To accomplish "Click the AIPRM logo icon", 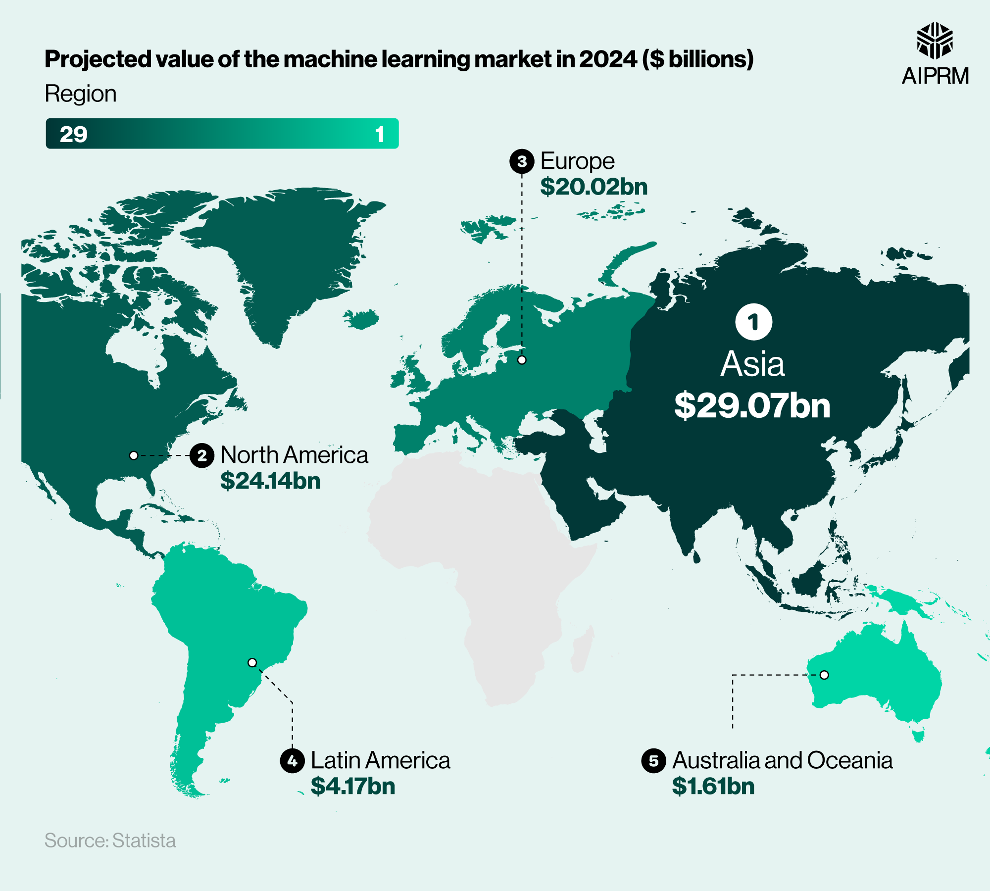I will click(x=935, y=41).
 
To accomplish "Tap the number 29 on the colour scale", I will click(x=73, y=134).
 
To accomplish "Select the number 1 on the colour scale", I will click(x=380, y=134).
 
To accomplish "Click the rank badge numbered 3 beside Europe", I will click(x=522, y=161).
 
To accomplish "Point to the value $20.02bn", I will click(x=594, y=187).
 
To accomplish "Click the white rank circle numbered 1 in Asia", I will click(x=753, y=322).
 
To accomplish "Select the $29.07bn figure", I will click(x=752, y=405).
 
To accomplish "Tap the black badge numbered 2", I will click(x=202, y=455).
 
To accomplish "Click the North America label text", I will click(x=294, y=455).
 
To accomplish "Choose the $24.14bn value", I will click(x=270, y=481).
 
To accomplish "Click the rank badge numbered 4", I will click(x=292, y=760).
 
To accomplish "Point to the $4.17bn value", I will click(x=353, y=786).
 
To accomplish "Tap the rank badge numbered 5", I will click(x=653, y=760).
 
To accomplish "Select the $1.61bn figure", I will click(x=713, y=786).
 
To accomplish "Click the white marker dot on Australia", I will click(x=824, y=675).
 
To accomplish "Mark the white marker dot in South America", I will click(x=252, y=662).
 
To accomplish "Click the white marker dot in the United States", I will click(x=134, y=455).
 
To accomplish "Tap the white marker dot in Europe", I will click(x=522, y=360).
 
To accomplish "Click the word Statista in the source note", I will click(x=144, y=841).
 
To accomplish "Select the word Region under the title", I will click(x=81, y=94).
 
